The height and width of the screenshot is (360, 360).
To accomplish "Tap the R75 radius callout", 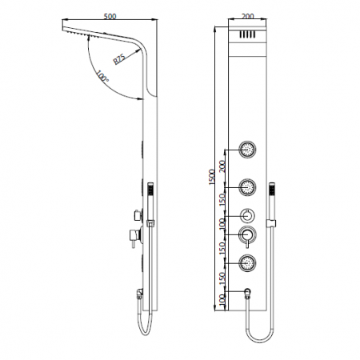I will pyautogui.click(x=118, y=60).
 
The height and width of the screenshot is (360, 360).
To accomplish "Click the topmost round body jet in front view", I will pyautogui.click(x=247, y=149).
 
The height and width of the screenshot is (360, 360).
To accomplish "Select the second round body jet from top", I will pyautogui.click(x=247, y=186).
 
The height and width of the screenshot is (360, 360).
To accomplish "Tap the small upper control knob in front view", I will pyautogui.click(x=247, y=215).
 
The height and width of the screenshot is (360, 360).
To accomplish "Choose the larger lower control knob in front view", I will pyautogui.click(x=247, y=235).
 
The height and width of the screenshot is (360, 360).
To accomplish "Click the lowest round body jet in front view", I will pyautogui.click(x=247, y=262).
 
